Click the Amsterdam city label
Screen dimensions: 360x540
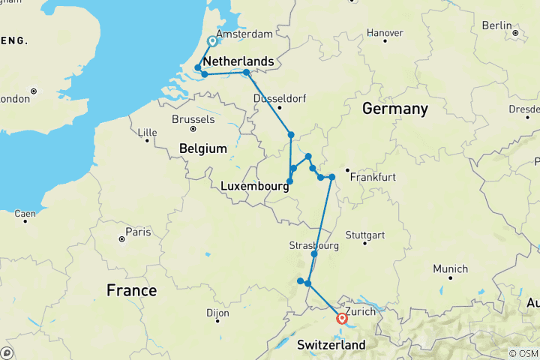[244, 34]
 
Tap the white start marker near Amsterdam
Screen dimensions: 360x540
[212, 42]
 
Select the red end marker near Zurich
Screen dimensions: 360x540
[343, 318]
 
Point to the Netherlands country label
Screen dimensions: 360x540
[239, 60]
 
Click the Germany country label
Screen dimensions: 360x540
[394, 109]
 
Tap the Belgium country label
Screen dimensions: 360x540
[202, 149]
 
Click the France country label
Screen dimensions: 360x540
[131, 290]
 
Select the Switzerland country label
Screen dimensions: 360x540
[331, 345]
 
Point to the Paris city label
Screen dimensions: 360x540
[137, 232]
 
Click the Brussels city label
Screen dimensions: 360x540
[193, 119]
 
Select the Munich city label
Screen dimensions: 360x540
[450, 269]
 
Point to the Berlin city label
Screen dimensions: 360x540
[496, 25]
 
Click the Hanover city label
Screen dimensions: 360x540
[386, 33]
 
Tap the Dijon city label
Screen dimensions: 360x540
[217, 313]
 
